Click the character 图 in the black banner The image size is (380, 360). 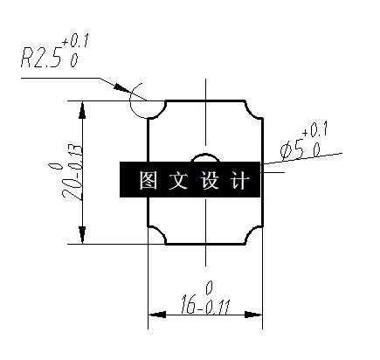point(147,181)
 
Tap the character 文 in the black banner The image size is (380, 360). point(178,181)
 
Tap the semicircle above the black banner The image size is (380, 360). point(205,157)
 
